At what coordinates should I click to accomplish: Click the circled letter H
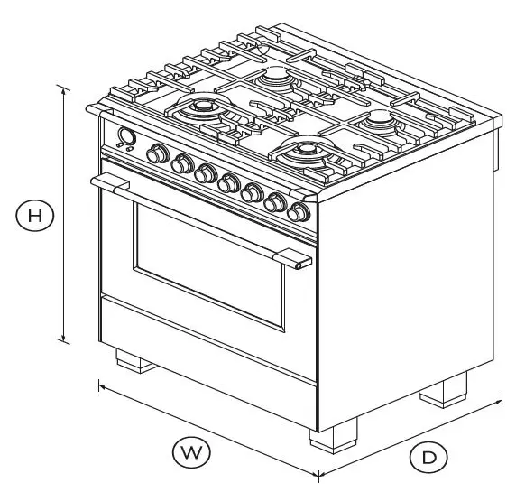coord(34,216)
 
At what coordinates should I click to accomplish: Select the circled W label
coord(188,450)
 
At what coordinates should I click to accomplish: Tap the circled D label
coord(428,458)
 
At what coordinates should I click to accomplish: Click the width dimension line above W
coord(207,430)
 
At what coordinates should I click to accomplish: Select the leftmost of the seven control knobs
coord(159,154)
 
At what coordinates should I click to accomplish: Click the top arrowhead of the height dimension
coord(63,88)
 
